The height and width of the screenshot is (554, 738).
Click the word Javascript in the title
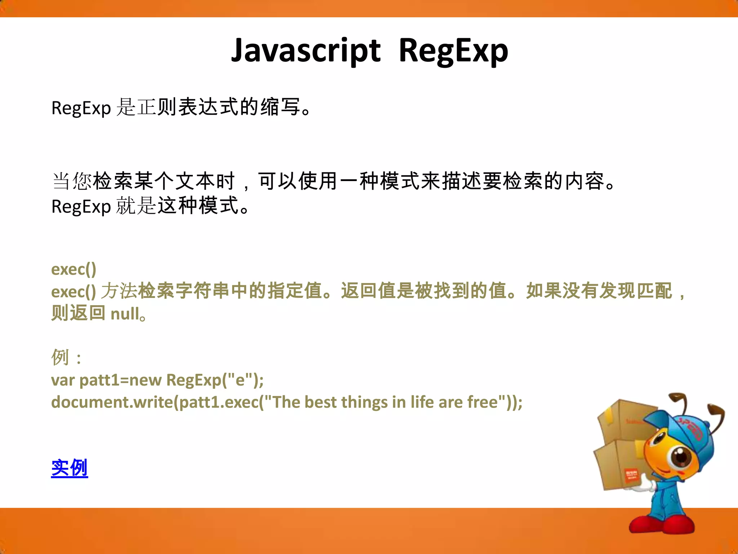pos(306,50)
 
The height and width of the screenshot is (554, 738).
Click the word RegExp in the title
pos(453,50)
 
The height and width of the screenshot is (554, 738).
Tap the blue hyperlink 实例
pos(69,468)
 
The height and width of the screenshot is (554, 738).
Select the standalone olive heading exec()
pos(74,269)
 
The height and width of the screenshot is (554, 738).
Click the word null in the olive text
pos(124,314)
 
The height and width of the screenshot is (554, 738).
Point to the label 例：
pos(66,357)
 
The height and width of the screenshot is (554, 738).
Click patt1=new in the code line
pos(120,380)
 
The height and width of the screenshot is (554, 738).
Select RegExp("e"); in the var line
pos(215,380)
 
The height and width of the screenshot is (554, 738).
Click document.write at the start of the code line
pos(112,402)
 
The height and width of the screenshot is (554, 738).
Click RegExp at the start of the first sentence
pos(81,108)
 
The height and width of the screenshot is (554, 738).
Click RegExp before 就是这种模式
pos(81,207)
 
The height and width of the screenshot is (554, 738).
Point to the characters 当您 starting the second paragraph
pos(72,181)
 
